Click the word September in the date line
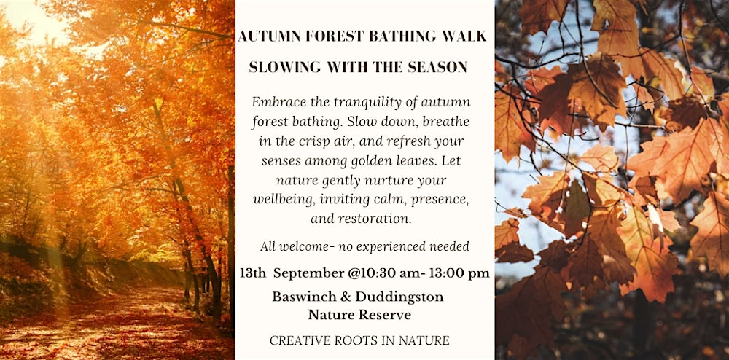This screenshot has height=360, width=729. [x=301, y=274]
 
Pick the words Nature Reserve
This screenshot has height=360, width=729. [x=359, y=315]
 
